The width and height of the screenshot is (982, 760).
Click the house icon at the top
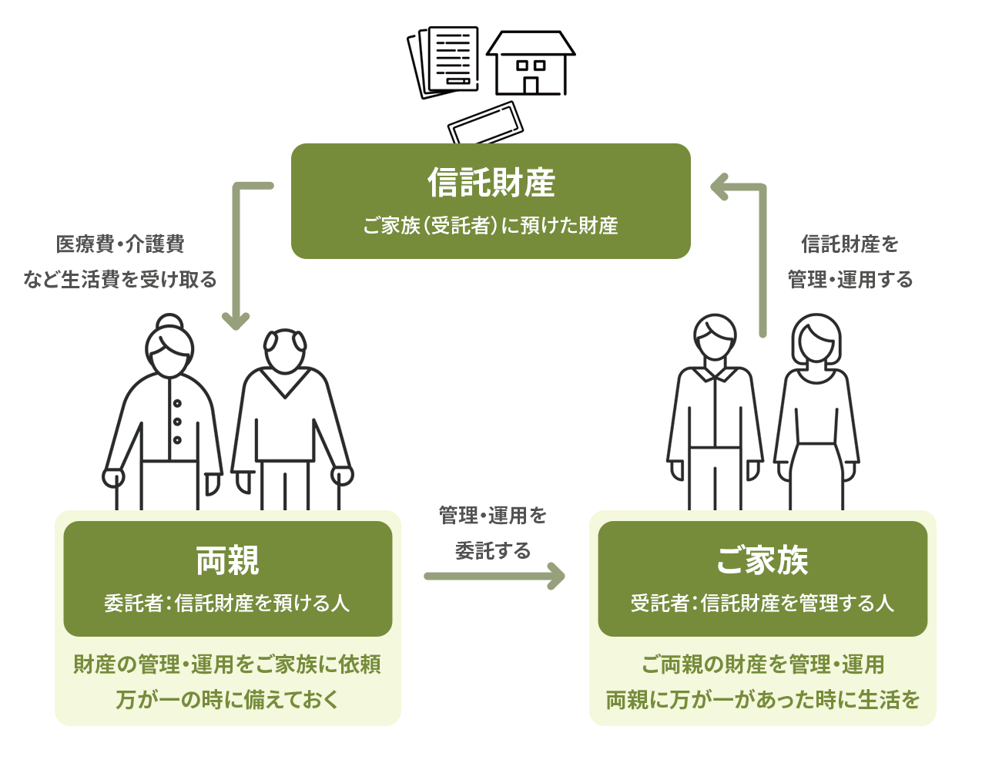click(531, 63)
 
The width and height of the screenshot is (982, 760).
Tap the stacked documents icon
click(444, 62)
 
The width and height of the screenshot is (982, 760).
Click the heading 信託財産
click(491, 183)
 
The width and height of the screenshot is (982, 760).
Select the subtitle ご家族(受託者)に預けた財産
click(491, 226)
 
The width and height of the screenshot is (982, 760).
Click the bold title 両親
click(227, 560)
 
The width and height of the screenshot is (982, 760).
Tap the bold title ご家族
click(762, 560)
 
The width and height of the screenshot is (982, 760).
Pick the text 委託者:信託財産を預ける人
click(227, 603)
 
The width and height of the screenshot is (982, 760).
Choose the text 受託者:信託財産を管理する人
click(762, 603)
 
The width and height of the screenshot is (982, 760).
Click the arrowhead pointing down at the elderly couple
click(236, 321)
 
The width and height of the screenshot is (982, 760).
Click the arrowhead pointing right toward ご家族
click(556, 576)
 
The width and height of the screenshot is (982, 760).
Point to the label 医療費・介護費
click(120, 244)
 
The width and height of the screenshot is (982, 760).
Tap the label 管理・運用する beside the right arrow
click(850, 280)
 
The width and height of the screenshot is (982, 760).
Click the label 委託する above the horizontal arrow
click(492, 550)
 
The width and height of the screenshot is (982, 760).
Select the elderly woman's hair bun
click(169, 321)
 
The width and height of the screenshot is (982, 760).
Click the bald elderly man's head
click(285, 351)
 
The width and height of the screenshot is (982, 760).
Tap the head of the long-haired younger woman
click(816, 339)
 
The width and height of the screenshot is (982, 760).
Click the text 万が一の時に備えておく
click(227, 699)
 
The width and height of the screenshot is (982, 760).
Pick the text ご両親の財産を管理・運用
click(762, 664)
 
